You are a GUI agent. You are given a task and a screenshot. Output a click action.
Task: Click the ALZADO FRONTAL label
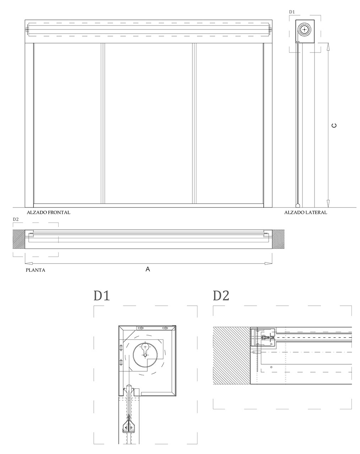coord(48,212)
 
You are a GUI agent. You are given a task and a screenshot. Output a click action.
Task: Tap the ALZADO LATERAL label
coord(305,212)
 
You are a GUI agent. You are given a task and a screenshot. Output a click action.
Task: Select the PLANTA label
coord(35,270)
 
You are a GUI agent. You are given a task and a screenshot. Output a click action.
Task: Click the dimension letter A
coord(148,269)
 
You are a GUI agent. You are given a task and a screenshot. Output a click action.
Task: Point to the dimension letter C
coord(334,125)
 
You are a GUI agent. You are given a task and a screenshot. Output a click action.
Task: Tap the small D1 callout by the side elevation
coord(292,12)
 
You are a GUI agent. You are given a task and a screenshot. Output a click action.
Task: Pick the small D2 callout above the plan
coord(16,220)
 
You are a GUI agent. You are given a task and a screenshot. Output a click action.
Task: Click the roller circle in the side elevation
coord(304,29)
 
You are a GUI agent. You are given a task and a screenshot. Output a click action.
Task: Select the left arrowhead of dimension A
coord(29,263)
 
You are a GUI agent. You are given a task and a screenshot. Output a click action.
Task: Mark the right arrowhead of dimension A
coord(268,263)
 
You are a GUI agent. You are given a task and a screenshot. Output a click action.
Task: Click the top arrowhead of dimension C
coord(328,47)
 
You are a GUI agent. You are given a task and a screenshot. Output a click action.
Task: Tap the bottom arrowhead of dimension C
coord(328,203)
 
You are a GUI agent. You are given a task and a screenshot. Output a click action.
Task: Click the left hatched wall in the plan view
coord(19,239)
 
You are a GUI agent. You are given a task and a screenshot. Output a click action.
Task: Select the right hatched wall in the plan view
coord(278,239)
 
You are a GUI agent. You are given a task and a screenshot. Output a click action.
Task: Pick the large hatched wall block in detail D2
coord(231,355)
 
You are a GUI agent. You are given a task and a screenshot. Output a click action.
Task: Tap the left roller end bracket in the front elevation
coord(27,29)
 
